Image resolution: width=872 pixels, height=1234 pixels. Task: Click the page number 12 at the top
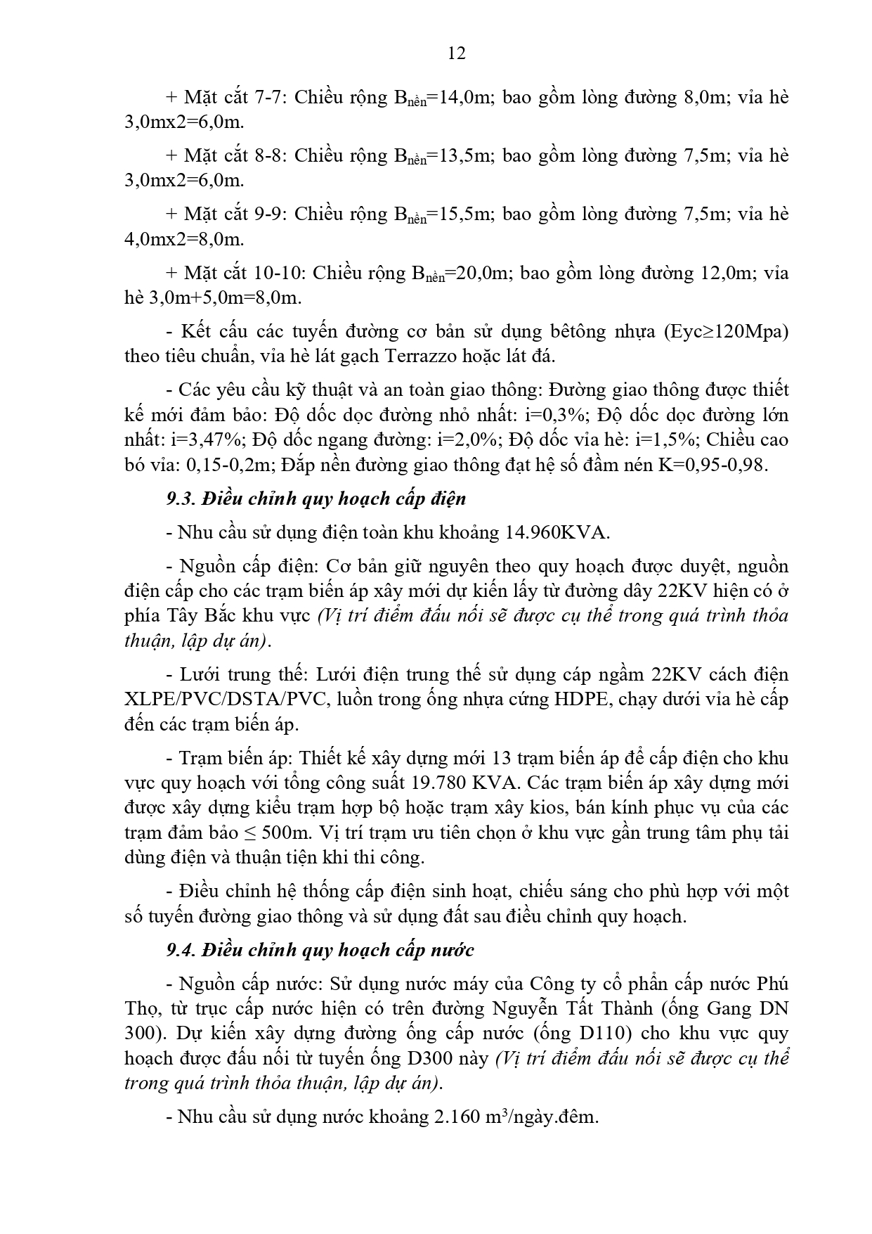tap(456, 53)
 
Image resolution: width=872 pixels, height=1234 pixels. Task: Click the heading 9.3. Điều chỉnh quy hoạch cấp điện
tap(316, 499)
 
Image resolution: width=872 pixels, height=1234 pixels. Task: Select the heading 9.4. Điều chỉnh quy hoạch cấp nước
tap(320, 951)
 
